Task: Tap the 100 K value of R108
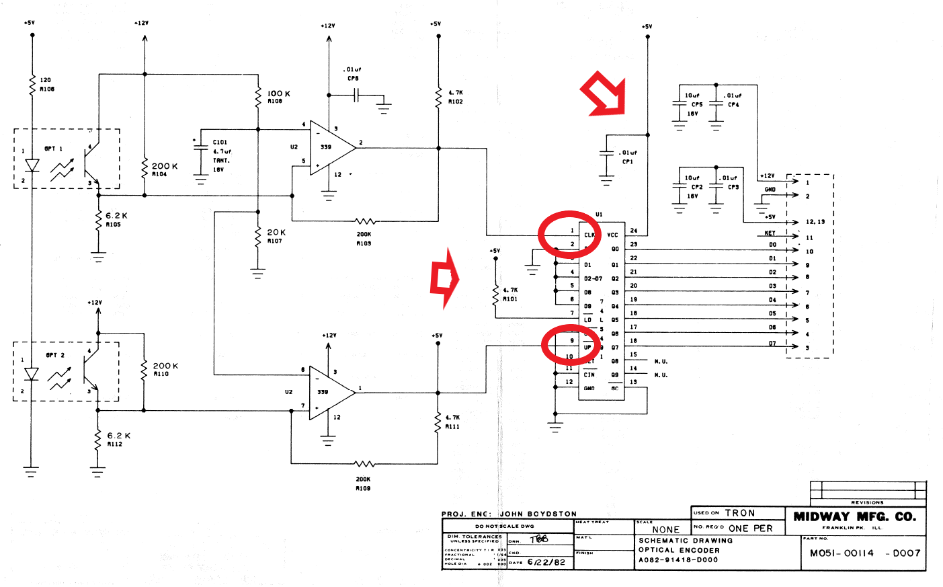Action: [279, 93]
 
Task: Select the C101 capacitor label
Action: [220, 143]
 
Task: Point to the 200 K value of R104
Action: [165, 166]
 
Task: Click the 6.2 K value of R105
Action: [116, 216]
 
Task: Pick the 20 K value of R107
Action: [276, 232]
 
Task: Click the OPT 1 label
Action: [53, 149]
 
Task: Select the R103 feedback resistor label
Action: [364, 243]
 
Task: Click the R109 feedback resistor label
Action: [363, 488]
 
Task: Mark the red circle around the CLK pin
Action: [569, 233]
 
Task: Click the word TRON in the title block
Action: [739, 513]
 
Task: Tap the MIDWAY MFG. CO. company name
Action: [855, 516]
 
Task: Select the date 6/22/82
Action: [546, 562]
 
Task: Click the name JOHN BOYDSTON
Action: [538, 514]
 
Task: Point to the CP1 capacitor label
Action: [627, 162]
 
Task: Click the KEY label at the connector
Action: [770, 233]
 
